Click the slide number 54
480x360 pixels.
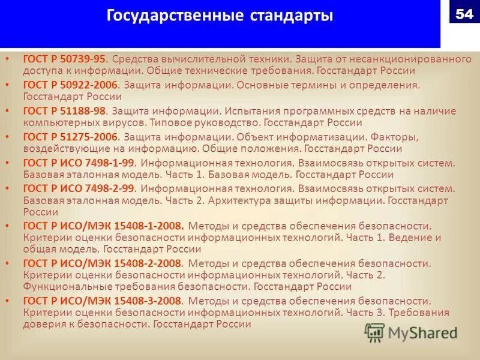pos(464,14)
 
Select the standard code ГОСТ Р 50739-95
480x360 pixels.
pos(64,59)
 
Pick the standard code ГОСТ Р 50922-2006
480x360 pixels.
pos(71,85)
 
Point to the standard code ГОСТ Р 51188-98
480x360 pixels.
pos(64,111)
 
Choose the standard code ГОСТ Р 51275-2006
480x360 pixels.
pos(71,137)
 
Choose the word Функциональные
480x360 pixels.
pos(62,287)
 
